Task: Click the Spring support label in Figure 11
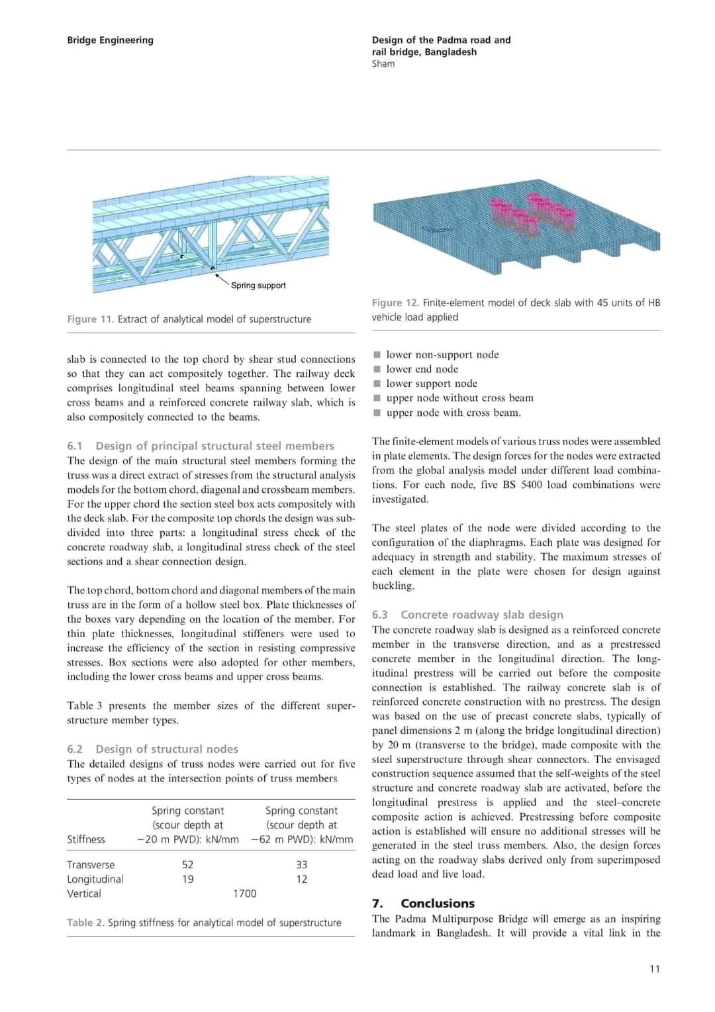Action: tap(258, 285)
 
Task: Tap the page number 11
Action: tap(654, 969)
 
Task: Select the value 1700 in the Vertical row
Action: tap(244, 893)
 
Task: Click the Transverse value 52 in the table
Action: tap(187, 864)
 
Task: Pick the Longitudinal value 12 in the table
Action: tap(301, 879)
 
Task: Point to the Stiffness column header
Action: tap(86, 839)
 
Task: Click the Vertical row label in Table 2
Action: tap(84, 893)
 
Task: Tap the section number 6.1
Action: tap(75, 446)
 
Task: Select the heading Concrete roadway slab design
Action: tap(482, 615)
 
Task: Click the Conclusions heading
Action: tap(438, 903)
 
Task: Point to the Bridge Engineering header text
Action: tap(110, 40)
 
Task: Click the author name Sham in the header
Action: tap(383, 64)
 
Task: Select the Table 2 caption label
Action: tap(85, 923)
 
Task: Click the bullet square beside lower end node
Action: tap(377, 369)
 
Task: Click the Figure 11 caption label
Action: tap(91, 319)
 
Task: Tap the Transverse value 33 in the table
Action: tap(301, 864)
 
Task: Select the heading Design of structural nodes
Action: tap(167, 749)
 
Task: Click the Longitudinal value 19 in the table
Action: tap(187, 879)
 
